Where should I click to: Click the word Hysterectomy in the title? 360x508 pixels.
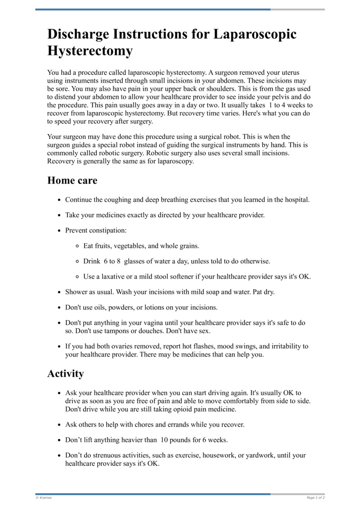(x=90, y=51)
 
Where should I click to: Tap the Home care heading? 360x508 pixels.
(x=72, y=181)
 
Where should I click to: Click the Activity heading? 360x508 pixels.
(x=66, y=374)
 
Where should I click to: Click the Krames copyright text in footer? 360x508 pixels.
(x=44, y=498)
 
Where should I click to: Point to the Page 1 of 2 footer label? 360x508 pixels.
(x=315, y=498)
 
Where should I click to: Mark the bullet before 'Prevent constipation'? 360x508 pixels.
(x=59, y=231)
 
